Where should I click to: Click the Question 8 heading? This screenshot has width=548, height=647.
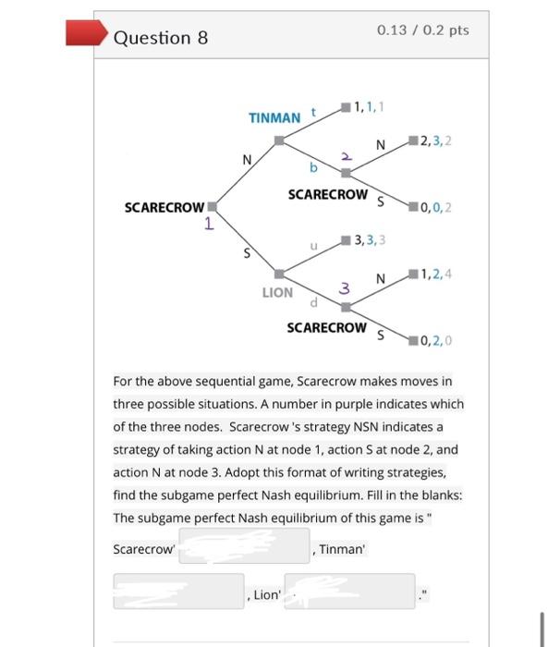tap(160, 37)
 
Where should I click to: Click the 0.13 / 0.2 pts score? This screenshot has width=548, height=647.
tap(422, 31)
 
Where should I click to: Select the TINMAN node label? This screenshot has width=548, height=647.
tap(274, 117)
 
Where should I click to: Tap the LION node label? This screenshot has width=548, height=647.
tap(277, 292)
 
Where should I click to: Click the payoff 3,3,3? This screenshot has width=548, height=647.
tap(370, 240)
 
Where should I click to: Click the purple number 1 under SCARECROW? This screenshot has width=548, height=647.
tap(210, 224)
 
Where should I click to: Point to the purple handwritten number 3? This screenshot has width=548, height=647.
tap(343, 288)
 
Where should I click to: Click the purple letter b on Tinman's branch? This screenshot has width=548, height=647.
tap(313, 168)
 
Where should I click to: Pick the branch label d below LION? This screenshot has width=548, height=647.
tap(315, 301)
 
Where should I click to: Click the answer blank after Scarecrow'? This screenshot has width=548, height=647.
tap(244, 547)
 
